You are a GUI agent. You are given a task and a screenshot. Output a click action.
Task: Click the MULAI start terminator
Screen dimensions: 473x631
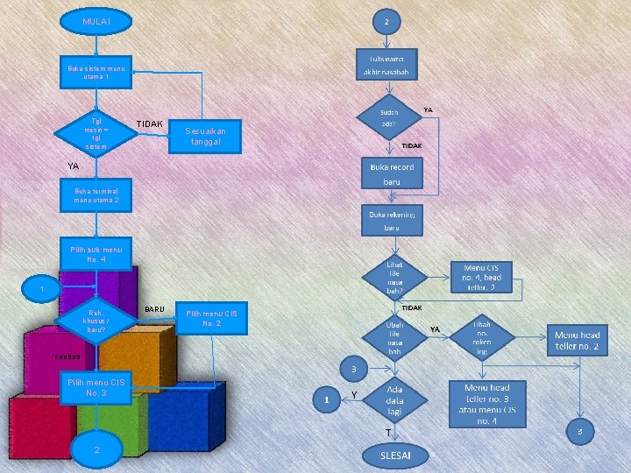pos(96,20)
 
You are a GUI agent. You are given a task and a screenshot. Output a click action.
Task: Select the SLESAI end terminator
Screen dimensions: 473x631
pos(393,455)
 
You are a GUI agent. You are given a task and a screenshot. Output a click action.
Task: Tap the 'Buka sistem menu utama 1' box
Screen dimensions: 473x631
pos(96,73)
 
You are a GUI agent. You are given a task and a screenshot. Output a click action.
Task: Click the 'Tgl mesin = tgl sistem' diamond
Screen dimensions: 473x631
pos(96,133)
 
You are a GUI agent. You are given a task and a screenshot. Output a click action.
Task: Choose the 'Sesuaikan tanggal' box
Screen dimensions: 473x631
pos(203,136)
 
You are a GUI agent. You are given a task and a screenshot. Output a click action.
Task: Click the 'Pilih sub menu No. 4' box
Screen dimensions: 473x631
pos(96,254)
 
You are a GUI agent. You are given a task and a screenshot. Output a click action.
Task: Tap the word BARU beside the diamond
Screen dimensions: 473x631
pos(155,309)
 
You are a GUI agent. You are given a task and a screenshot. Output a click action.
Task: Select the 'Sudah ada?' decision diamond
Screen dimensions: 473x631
pos(389,118)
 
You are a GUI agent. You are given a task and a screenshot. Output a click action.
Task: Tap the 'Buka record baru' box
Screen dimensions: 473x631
pos(392,173)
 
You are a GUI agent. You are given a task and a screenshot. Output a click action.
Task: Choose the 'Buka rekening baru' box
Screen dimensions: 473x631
pos(392,220)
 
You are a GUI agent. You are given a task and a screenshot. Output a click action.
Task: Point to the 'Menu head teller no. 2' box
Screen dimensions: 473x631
pos(577,341)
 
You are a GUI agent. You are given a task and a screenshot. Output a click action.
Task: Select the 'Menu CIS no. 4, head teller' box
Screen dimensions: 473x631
pos(481,277)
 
